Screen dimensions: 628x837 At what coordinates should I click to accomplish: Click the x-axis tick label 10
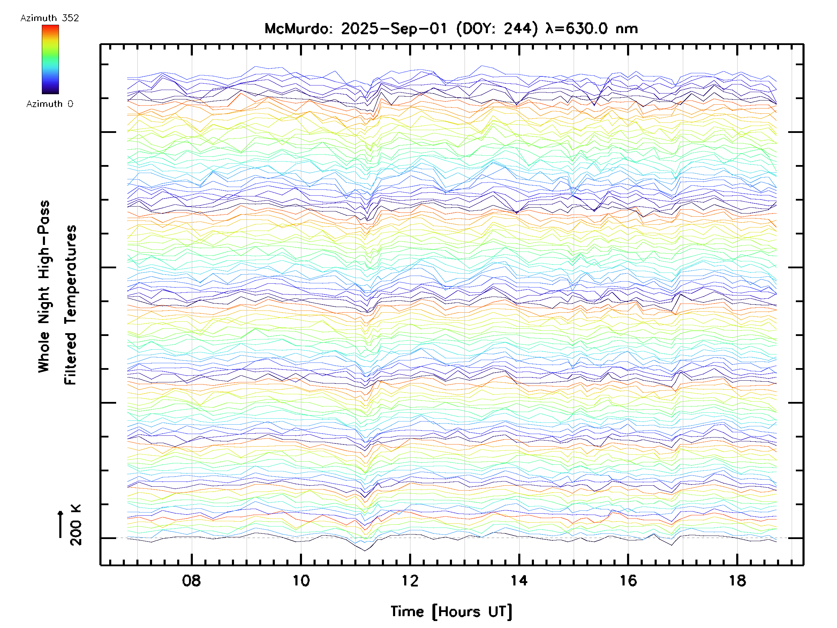(301, 580)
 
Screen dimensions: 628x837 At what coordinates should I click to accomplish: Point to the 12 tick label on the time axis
(410, 580)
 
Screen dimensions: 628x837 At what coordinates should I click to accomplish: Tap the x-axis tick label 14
(519, 580)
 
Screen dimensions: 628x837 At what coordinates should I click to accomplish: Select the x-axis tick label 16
(628, 580)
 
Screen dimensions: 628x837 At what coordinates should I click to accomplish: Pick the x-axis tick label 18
(737, 580)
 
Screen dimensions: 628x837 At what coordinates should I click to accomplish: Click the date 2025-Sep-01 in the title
(394, 29)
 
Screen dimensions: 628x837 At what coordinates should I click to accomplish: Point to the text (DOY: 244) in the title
(497, 29)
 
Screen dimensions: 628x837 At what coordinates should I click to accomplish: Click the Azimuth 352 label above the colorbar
(50, 18)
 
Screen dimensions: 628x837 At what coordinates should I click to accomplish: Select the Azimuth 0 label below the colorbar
(50, 104)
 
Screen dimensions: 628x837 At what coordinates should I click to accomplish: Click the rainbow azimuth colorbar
(50, 59)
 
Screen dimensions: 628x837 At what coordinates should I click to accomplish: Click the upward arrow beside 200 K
(60, 524)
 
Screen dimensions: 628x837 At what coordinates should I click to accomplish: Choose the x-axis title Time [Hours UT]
(451, 612)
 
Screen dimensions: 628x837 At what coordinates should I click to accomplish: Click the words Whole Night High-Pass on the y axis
(44, 286)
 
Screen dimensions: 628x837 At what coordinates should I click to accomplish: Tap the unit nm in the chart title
(627, 29)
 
